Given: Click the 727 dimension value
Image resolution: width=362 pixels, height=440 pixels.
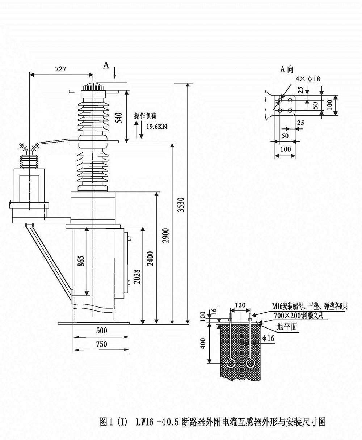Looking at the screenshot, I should click(60, 69).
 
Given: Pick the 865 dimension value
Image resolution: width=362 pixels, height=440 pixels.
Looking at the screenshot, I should click(81, 262).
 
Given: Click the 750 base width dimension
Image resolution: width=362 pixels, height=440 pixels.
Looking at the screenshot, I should click(101, 344).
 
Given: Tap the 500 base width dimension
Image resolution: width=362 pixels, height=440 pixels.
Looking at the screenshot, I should click(101, 330).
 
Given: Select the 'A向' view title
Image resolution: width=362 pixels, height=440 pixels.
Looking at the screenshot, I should click(287, 70).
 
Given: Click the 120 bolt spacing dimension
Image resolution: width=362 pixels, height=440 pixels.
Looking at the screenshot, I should click(240, 305).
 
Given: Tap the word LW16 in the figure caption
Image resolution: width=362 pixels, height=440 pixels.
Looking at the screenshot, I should click(143, 422).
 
